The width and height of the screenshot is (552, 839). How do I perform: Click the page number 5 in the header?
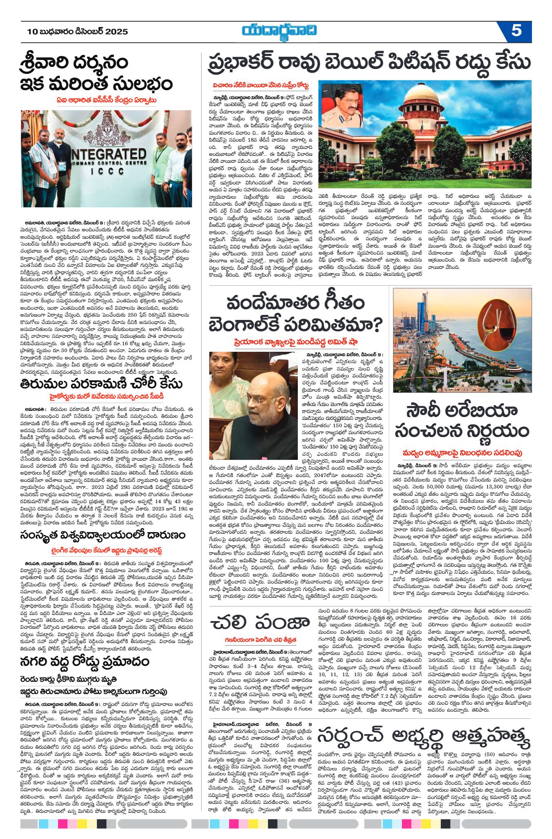click(516, 31)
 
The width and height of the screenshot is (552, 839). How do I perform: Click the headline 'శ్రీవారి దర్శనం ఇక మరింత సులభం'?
click(97, 73)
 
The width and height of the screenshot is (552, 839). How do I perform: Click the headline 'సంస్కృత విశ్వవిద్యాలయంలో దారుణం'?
click(102, 535)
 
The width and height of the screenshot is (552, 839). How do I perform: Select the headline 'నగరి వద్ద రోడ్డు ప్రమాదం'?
click(84, 661)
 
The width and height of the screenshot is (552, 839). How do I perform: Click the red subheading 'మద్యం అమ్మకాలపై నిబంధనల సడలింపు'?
click(462, 453)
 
